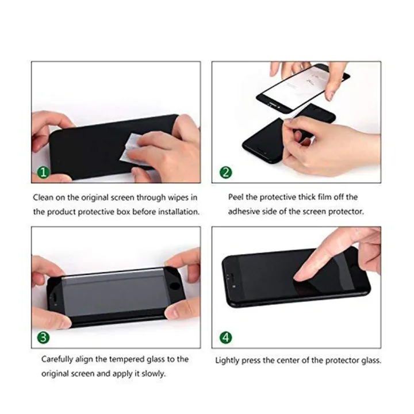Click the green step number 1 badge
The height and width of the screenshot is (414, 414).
[41, 171]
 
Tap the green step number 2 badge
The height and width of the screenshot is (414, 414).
[225, 171]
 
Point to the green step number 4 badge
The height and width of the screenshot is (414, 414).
[225, 336]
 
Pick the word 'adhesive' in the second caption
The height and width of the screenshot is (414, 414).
[243, 212]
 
